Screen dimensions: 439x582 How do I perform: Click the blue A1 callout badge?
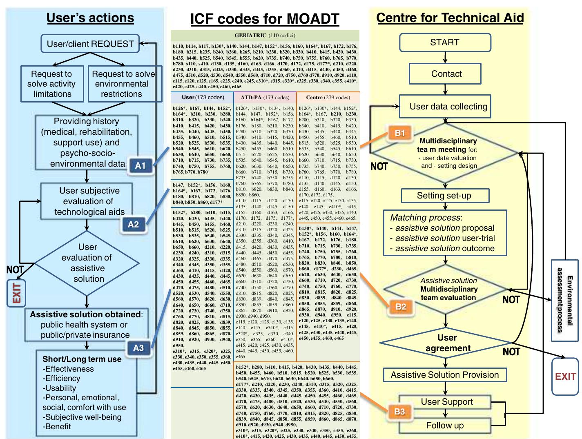coord(140,165)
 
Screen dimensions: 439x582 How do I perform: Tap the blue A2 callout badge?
coord(134,224)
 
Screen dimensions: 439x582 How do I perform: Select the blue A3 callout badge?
coord(138,348)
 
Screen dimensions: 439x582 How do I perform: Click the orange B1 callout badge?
coord(399,133)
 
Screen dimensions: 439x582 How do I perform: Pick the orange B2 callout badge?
coord(401,306)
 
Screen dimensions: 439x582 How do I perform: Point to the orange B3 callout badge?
coord(399,411)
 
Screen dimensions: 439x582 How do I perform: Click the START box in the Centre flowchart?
coord(445,42)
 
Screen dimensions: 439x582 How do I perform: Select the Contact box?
coord(446,74)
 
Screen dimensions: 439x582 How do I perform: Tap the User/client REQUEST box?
coord(90,44)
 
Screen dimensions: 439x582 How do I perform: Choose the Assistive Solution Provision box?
coord(445,375)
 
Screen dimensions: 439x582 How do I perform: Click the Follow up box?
coord(445,426)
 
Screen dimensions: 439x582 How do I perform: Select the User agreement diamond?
coord(448,343)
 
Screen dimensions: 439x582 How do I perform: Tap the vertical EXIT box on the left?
coord(16,293)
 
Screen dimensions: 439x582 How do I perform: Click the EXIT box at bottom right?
coord(565,377)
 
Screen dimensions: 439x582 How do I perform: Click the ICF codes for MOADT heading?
coord(265,19)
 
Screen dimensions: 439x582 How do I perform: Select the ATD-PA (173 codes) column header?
coord(265,98)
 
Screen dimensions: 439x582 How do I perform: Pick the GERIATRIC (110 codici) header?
coord(265,36)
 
